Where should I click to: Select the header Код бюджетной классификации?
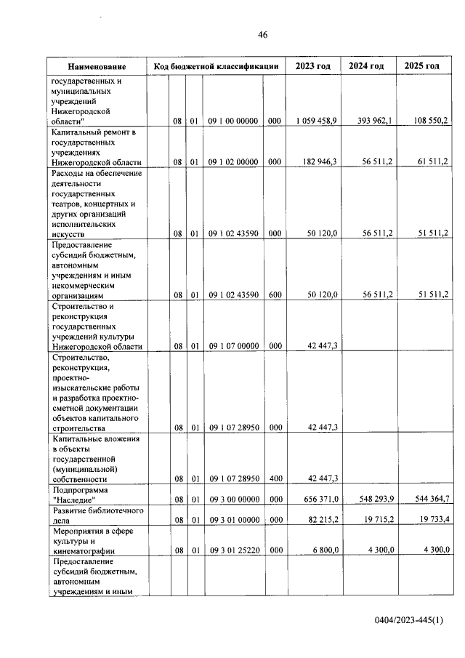pyautogui.click(x=216, y=67)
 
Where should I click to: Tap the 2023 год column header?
pyautogui.click(x=313, y=66)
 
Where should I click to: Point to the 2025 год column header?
pyautogui.click(x=422, y=66)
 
